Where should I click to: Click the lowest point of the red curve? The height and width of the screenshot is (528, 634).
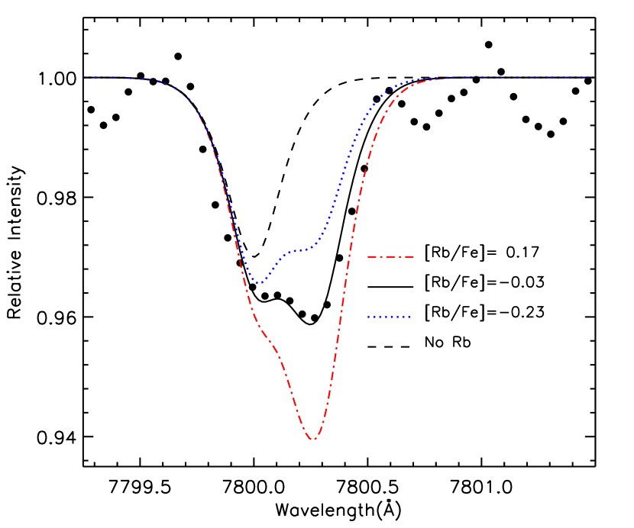coord(312,439)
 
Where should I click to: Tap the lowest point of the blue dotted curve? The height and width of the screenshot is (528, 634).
coord(260,284)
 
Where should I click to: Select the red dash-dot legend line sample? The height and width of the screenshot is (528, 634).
coord(390,256)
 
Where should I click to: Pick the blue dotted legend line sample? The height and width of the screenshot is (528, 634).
coord(390,317)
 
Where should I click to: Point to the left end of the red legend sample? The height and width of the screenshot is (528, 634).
coord(368,256)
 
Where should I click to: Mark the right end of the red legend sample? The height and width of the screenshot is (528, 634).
coord(414,256)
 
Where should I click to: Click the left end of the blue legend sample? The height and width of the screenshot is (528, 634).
coord(368,317)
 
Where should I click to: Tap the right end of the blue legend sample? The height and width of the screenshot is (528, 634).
coord(411,317)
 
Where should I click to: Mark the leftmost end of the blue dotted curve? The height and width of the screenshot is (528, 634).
coord(84,77)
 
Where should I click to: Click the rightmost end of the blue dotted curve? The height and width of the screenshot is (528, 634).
coord(594,77)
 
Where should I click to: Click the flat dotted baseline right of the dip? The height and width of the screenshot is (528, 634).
coord(519,77)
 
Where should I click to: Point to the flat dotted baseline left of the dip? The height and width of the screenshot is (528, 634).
coord(115,77)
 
